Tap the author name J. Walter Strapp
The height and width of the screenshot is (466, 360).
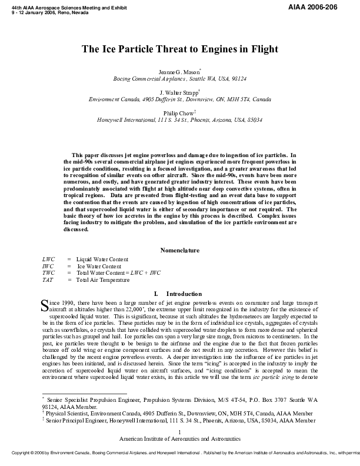pyautogui.click(x=179, y=92)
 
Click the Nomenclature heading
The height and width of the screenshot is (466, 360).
pyautogui.click(x=180, y=250)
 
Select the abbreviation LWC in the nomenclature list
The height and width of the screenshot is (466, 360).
pyautogui.click(x=48, y=259)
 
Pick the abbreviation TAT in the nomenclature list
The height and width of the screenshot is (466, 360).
pyautogui.click(x=48, y=280)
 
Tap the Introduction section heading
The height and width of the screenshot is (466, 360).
pyautogui.click(x=176, y=293)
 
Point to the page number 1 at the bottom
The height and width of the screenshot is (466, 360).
pyautogui.click(x=180, y=432)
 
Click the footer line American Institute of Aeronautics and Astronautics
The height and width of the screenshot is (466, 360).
pyautogui.click(x=180, y=439)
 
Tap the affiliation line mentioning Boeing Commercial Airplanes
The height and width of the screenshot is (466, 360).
pyautogui.click(x=179, y=78)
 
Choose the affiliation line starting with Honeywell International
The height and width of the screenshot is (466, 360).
pyautogui.click(x=179, y=120)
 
